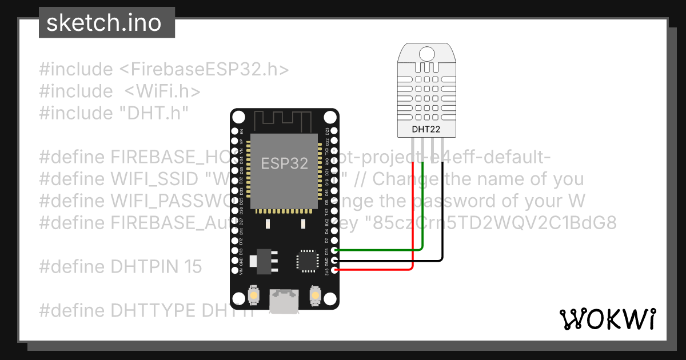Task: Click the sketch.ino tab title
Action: [x=103, y=23]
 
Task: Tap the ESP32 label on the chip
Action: [x=285, y=163]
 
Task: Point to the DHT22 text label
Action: [x=426, y=129]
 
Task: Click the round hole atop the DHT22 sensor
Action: [x=426, y=54]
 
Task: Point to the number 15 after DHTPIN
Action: [x=193, y=266]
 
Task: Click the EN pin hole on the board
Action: [x=234, y=131]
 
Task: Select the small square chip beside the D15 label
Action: [x=305, y=260]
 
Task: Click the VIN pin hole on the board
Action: [x=234, y=269]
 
